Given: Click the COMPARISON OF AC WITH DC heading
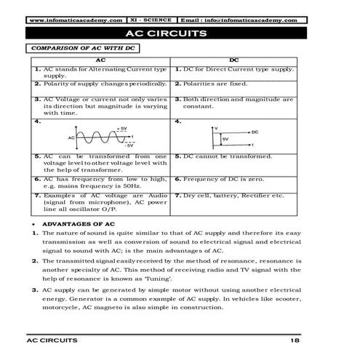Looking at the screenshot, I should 80,48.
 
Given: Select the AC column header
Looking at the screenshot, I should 100,60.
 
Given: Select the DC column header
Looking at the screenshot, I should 233,60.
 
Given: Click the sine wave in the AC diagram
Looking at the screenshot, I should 103,136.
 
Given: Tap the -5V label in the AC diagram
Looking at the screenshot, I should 128,145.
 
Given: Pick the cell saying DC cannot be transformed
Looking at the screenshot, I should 228,156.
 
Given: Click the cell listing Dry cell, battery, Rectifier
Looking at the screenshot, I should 233,195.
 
